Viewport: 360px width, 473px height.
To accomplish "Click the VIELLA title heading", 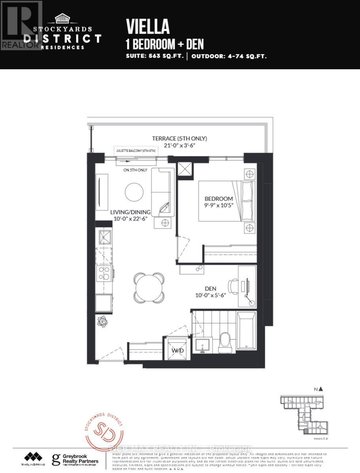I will [x=148, y=27].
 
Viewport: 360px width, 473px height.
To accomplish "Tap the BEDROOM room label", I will [x=218, y=198].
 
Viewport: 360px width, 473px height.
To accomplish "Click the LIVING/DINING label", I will [x=130, y=212].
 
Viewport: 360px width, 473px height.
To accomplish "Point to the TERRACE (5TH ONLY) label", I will [x=180, y=139].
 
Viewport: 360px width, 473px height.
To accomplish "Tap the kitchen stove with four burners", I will [x=104, y=273].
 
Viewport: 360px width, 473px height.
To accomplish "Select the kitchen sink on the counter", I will [x=104, y=237].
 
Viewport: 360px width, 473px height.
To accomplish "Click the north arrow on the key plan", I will [x=320, y=389].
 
